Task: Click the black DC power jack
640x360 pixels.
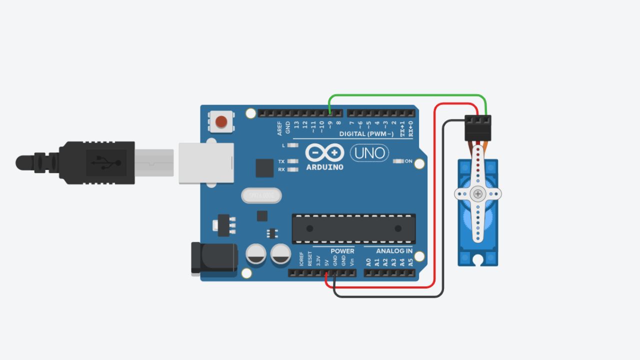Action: pos(214,258)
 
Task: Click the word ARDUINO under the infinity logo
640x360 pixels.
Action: pos(324,167)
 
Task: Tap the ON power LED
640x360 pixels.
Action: pos(398,161)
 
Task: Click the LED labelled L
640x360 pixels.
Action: pos(293,145)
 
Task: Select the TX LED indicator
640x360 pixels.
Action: pos(293,161)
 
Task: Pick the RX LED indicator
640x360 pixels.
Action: pos(293,169)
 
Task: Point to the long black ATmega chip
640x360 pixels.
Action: pos(353,228)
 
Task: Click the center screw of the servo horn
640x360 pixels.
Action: pos(478,193)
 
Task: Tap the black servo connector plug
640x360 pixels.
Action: pos(478,128)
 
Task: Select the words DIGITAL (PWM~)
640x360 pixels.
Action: pos(366,134)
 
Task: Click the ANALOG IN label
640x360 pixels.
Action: pos(394,251)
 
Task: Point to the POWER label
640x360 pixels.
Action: pos(342,251)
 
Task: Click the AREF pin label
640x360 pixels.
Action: pos(280,128)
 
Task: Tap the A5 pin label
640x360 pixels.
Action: pos(410,261)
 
